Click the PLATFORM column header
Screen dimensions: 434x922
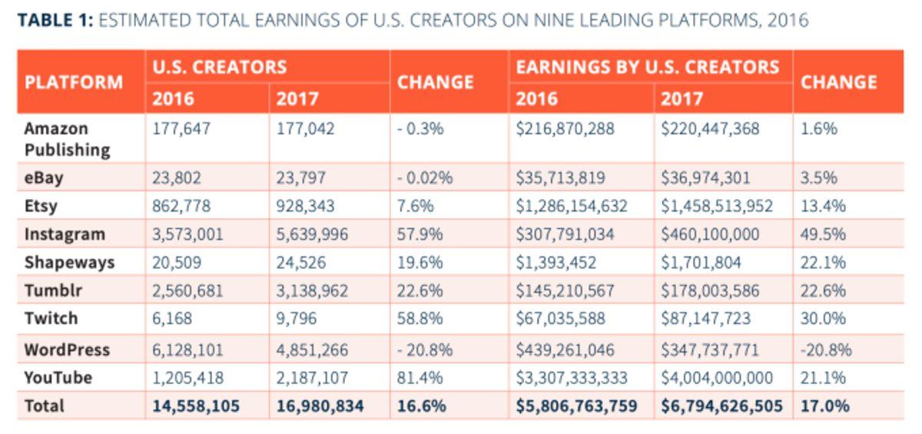[73, 82]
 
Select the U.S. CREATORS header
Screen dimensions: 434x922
[219, 67]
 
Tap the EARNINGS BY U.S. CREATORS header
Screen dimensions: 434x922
[648, 67]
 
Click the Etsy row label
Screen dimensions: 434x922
[41, 206]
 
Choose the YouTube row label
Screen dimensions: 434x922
[58, 377]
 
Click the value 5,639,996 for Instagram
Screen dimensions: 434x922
[312, 234]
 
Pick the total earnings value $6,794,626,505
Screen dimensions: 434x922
[721, 406]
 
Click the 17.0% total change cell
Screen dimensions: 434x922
[824, 406]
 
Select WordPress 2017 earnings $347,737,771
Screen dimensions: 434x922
[709, 350]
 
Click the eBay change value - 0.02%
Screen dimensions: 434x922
[424, 177]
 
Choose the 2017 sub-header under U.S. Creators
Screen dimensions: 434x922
[297, 98]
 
